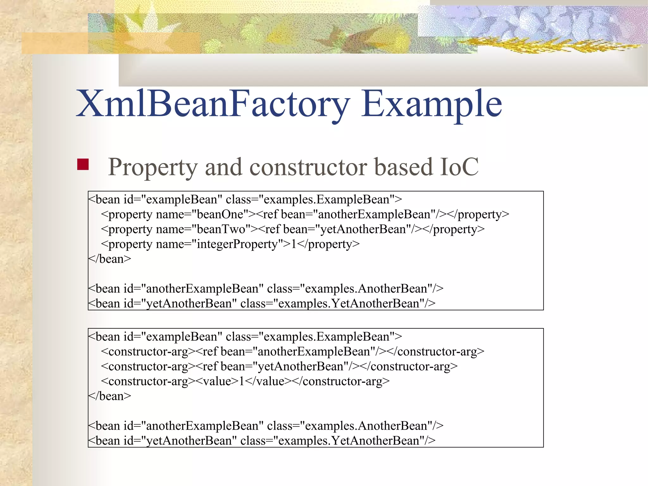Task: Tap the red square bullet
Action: click(83, 165)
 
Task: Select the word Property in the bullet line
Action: click(153, 167)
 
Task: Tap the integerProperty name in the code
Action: click(237, 244)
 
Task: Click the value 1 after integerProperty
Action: click(294, 244)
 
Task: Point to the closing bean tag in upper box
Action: click(109, 259)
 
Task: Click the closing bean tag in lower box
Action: click(109, 396)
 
